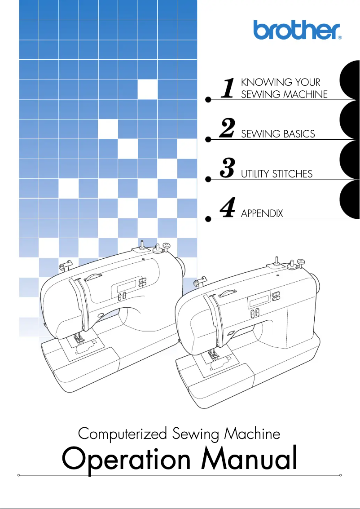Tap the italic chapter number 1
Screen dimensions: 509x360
coord(228,88)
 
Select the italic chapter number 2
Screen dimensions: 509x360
coord(228,128)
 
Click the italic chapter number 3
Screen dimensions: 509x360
coord(228,168)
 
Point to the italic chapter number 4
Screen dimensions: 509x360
coord(228,208)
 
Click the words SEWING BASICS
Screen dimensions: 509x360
coord(278,134)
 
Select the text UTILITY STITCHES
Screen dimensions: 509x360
coord(277,174)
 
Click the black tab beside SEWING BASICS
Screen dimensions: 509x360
coord(351,120)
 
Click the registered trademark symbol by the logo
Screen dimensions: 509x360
coord(340,38)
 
